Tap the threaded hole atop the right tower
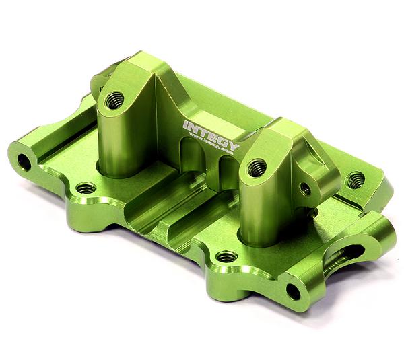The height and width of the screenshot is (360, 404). point(256,168)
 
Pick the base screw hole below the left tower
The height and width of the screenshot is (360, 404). point(86,188)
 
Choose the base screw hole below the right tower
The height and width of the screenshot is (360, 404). point(227,256)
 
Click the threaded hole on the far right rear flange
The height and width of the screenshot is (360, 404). point(355,179)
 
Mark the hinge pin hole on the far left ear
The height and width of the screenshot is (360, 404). point(24,161)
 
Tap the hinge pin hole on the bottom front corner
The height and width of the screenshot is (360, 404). point(293,291)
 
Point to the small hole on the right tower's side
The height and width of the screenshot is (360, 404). point(305,189)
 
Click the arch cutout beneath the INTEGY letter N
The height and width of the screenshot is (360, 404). point(193,159)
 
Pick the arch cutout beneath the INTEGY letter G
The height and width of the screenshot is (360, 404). point(226,168)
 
